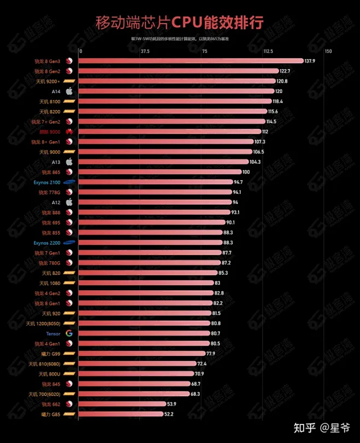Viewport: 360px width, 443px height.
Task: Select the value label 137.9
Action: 310,61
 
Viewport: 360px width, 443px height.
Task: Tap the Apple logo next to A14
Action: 69,91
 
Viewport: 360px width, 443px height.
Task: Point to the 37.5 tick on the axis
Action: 145,51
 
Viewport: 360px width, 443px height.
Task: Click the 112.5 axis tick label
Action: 268,51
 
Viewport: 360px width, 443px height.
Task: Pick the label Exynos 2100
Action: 47,182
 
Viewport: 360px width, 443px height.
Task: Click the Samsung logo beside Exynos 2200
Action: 69,243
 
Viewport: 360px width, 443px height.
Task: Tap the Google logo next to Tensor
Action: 69,333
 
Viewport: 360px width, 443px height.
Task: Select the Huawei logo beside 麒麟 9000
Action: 69,131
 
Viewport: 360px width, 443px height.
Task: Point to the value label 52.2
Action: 169,415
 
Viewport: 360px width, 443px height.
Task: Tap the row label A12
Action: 56,202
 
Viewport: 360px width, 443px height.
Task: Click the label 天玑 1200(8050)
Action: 43,324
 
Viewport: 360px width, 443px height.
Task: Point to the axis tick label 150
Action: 328,51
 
